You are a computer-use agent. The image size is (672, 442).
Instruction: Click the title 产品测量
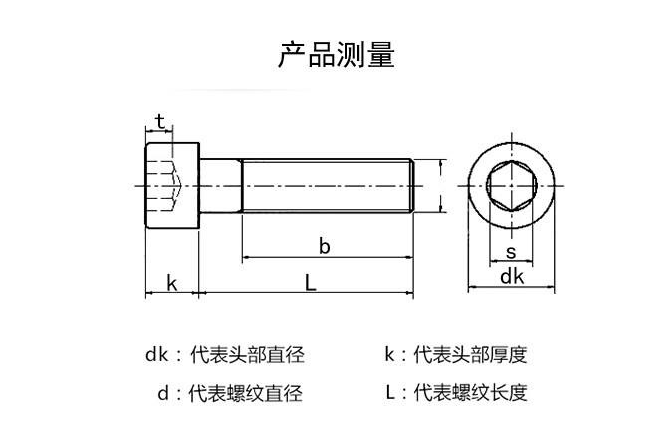[x=335, y=55]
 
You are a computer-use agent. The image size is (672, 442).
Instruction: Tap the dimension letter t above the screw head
[x=159, y=122]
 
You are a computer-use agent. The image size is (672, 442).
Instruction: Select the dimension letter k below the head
[x=171, y=282]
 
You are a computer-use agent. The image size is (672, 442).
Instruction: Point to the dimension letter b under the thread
[x=324, y=244]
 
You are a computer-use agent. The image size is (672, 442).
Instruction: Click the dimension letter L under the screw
[x=311, y=283]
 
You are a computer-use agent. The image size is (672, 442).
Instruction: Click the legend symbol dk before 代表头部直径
[x=156, y=354]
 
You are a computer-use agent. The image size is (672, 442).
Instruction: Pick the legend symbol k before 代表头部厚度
[x=390, y=354]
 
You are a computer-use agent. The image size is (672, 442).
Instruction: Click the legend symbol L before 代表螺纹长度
[x=390, y=393]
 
